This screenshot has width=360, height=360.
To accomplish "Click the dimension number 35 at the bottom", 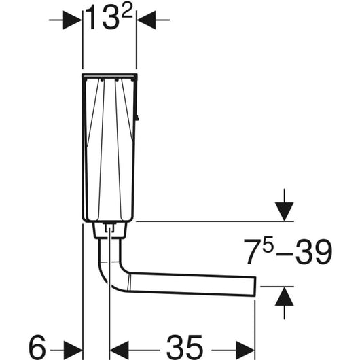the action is (185, 346).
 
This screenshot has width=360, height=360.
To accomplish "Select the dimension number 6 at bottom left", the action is (37, 346).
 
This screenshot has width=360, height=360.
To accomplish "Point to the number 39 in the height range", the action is (314, 251).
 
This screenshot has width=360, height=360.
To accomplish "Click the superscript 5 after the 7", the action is (268, 244).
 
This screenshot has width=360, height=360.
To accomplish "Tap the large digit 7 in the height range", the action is (253, 252).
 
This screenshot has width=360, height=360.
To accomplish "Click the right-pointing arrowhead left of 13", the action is (72, 20).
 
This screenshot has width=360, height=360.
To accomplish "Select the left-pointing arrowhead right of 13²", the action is (146, 20).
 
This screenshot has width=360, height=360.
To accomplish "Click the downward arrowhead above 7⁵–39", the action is (284, 211).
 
